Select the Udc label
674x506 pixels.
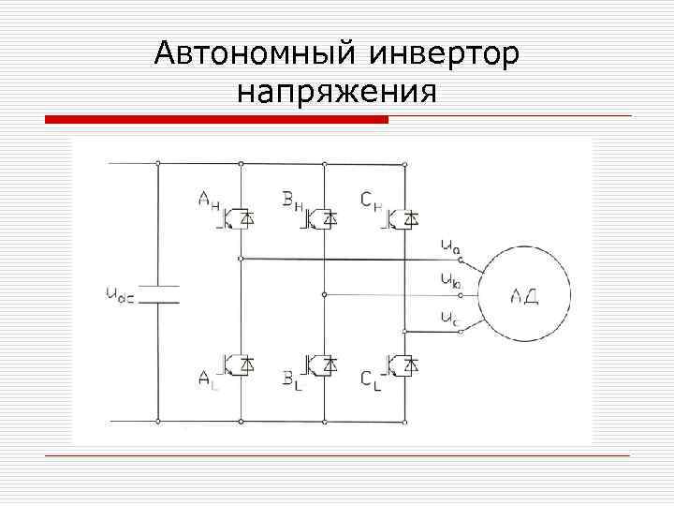(119, 294)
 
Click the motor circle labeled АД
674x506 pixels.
(523, 294)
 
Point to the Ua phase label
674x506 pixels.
(449, 246)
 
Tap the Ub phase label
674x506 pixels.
(449, 279)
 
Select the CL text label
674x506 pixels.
(372, 379)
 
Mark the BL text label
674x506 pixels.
(292, 379)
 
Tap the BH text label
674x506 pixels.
(294, 200)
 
